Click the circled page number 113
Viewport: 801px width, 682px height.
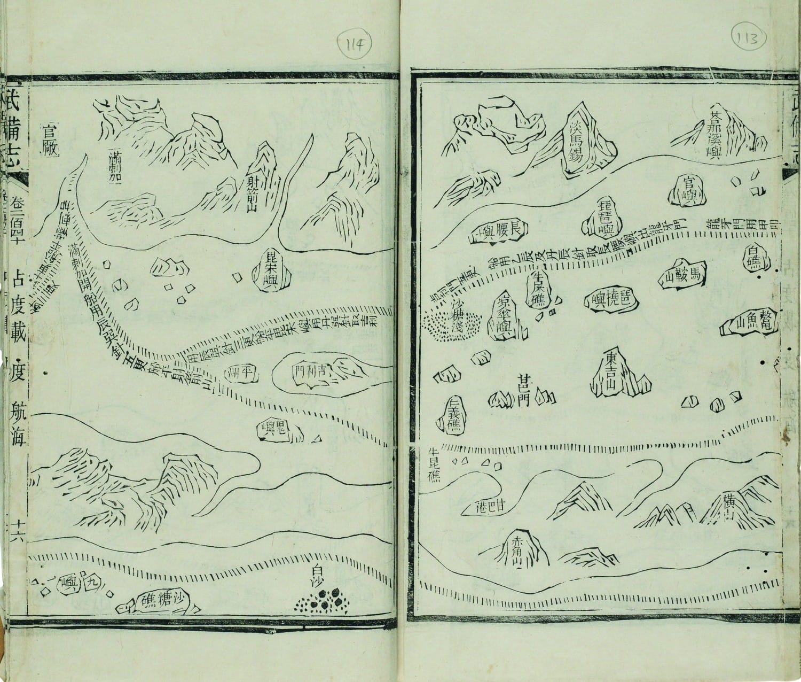point(748,38)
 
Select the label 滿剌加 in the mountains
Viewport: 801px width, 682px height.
point(114,166)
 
